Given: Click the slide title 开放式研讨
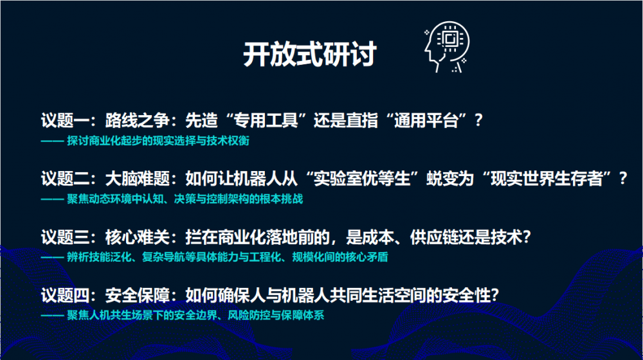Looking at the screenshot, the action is [x=310, y=54].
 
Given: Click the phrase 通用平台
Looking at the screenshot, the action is [x=426, y=120].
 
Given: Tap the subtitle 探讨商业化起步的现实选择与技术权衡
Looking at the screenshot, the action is [x=158, y=141].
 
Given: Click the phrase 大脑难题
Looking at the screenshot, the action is [x=138, y=178].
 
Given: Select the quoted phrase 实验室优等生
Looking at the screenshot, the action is [x=362, y=178].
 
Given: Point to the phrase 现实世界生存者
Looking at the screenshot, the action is [x=547, y=178].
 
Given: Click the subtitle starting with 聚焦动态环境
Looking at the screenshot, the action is [x=185, y=199].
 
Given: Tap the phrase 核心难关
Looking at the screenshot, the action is [x=138, y=237].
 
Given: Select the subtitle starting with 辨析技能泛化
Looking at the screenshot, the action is [x=228, y=258].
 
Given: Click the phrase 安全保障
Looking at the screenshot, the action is [x=138, y=295].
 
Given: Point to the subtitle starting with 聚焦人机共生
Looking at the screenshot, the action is [x=195, y=316].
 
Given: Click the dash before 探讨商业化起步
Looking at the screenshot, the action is [x=52, y=141].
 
